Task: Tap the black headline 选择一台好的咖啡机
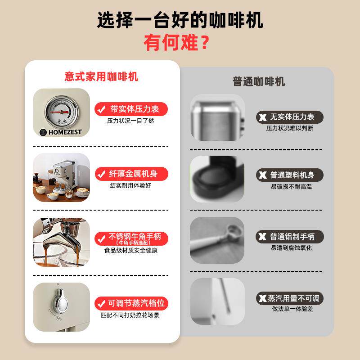[180, 20]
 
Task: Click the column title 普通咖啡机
[259, 81]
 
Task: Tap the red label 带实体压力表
[131, 109]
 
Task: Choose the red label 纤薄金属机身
[131, 174]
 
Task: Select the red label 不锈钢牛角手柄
[131, 238]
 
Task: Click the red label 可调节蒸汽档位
[131, 303]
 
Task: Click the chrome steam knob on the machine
[61, 301]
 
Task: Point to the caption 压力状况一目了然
[130, 121]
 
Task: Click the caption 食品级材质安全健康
[131, 250]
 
